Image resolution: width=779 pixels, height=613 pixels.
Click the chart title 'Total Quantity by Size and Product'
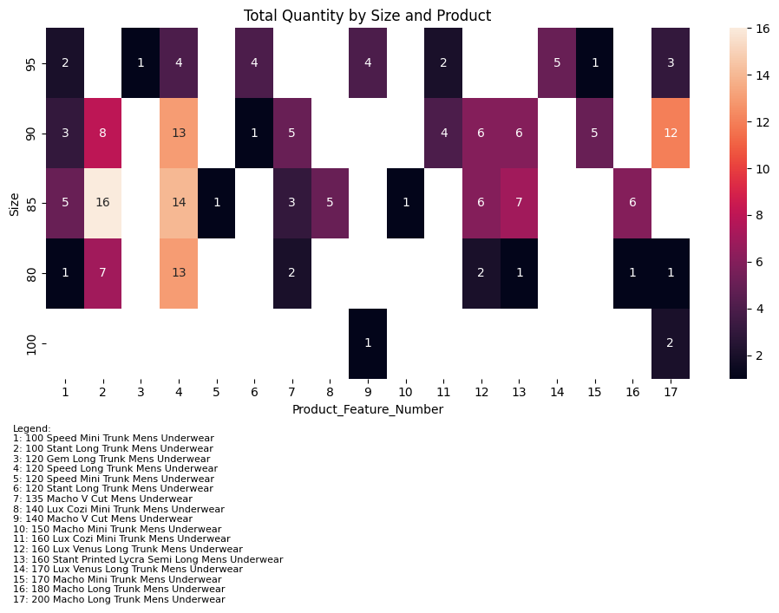367,16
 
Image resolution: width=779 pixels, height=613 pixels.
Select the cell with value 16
102,203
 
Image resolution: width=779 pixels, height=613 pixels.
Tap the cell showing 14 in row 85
179,203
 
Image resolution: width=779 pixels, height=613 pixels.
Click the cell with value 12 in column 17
671,133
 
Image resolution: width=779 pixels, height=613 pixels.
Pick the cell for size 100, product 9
367,343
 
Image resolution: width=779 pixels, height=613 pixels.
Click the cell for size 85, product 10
405,203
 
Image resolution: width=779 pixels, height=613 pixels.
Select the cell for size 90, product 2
102,133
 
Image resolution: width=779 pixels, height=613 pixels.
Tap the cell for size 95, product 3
141,62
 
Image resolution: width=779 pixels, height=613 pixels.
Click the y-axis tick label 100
31,343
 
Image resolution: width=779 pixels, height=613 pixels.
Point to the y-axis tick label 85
31,203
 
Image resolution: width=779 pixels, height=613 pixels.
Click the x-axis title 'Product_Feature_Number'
367,409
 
